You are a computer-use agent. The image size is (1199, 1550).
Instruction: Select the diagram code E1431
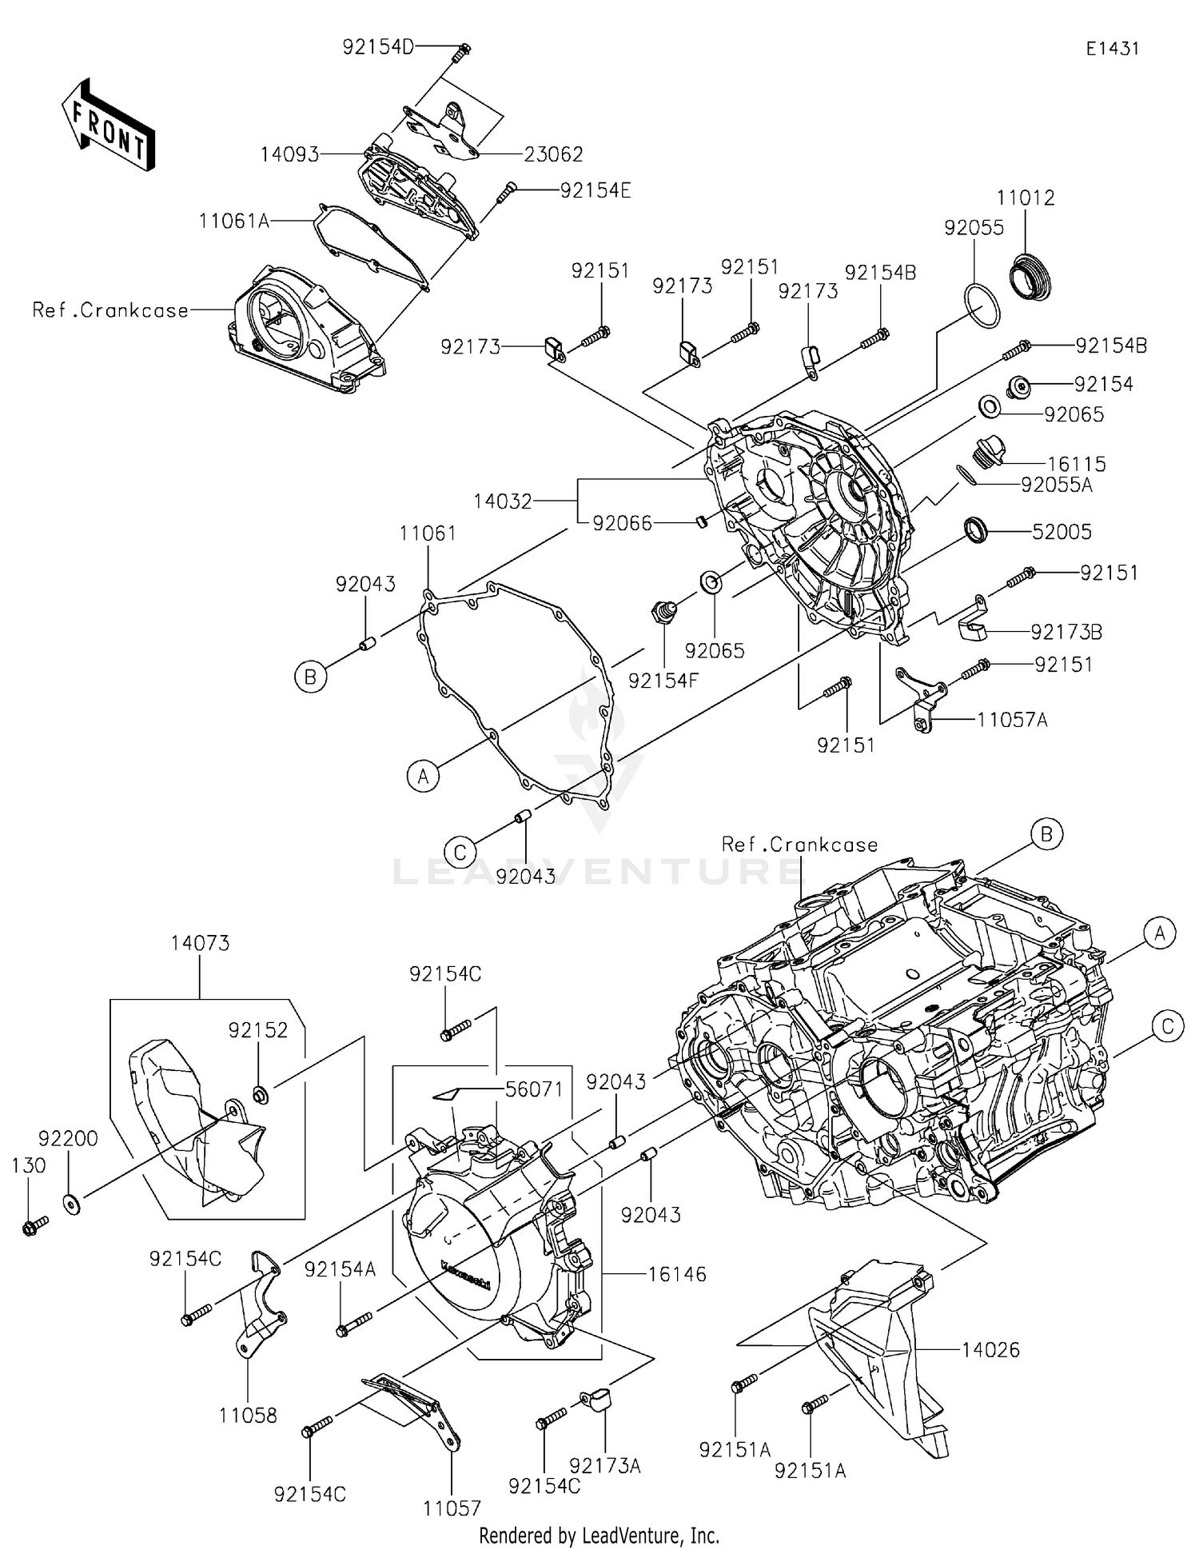click(x=1112, y=49)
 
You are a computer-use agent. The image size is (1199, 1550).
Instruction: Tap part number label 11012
click(x=1026, y=198)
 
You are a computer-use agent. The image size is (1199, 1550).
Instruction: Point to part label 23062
click(x=553, y=154)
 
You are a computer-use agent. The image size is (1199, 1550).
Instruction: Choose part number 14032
click(x=502, y=501)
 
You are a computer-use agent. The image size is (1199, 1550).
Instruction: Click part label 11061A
click(x=234, y=221)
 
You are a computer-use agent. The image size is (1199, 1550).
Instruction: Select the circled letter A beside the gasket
click(x=423, y=776)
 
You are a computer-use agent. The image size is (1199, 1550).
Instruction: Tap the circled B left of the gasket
click(x=310, y=677)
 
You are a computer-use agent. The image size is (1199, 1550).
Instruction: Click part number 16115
click(x=1076, y=464)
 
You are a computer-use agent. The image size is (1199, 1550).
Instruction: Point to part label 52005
click(x=1062, y=532)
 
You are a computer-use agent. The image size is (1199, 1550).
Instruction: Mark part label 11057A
click(x=1012, y=720)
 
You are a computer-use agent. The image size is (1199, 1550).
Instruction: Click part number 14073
click(x=200, y=943)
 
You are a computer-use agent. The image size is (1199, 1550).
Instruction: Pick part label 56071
click(x=534, y=1089)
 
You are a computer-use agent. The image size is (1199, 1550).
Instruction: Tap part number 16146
click(x=676, y=1274)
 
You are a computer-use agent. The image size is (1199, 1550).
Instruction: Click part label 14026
click(x=990, y=1350)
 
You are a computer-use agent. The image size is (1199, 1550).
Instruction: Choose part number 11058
click(x=248, y=1416)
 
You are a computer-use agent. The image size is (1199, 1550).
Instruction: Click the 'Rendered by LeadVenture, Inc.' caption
click(x=599, y=1535)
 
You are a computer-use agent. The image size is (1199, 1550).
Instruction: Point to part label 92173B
click(x=1066, y=633)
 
